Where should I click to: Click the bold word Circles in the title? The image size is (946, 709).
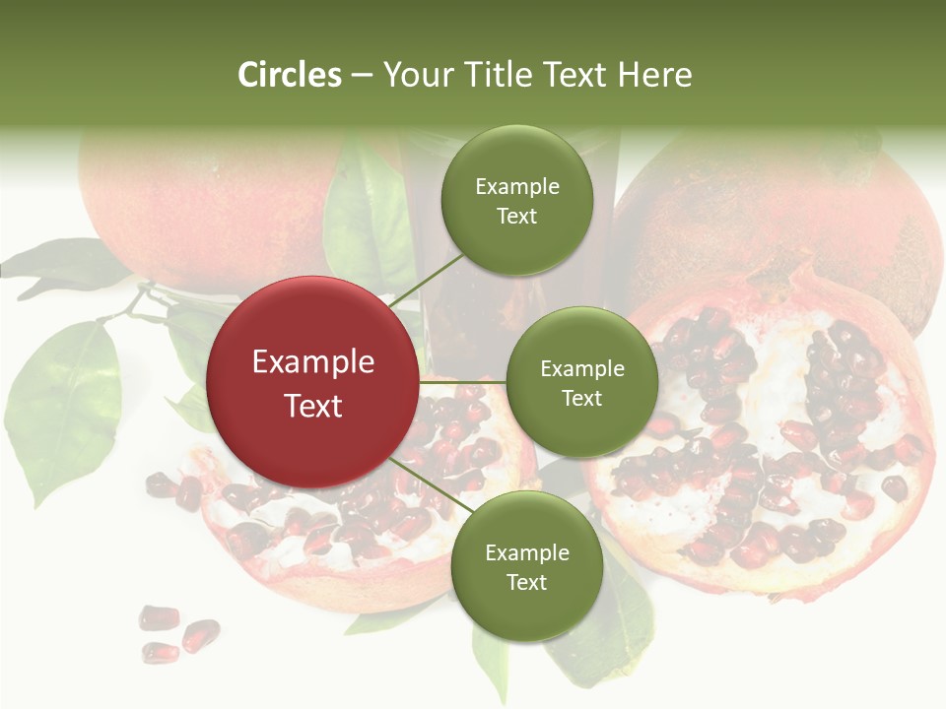(x=290, y=75)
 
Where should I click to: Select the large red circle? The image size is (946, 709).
(x=312, y=382)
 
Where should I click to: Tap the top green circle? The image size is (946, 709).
(x=516, y=201)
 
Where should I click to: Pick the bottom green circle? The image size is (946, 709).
(x=526, y=567)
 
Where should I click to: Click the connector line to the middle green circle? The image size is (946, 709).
(x=462, y=382)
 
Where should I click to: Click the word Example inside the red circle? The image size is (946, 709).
(x=312, y=361)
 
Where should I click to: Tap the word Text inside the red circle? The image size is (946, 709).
(x=312, y=406)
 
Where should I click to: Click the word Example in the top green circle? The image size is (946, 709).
(x=516, y=187)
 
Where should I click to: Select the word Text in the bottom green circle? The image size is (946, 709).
(x=526, y=582)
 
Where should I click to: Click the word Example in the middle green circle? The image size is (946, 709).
(x=581, y=369)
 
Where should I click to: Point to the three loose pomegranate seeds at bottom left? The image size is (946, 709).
(x=176, y=633)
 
